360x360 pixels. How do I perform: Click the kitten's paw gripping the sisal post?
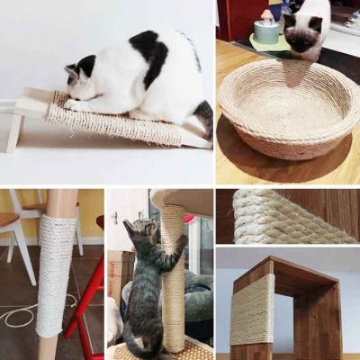coord(183,241)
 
